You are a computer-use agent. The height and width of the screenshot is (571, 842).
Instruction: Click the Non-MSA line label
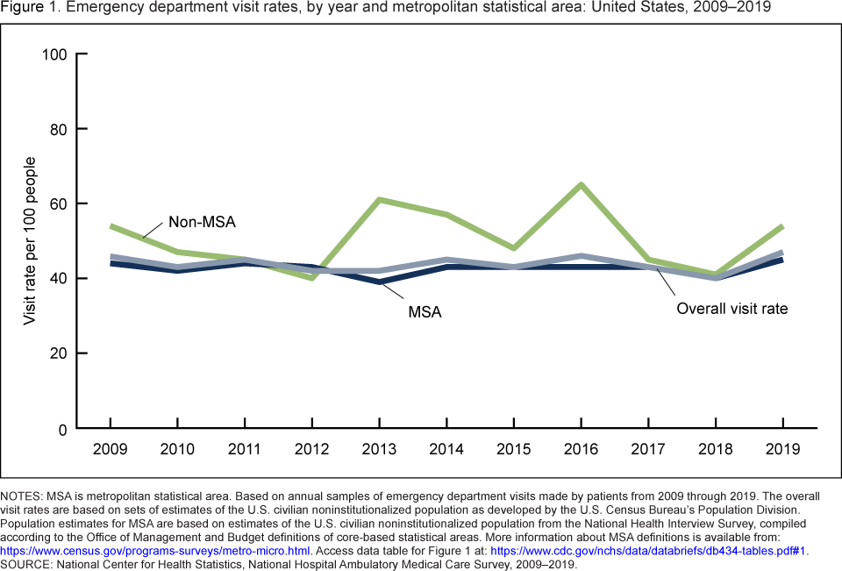(x=202, y=223)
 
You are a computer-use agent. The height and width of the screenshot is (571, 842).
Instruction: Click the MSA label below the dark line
(x=423, y=310)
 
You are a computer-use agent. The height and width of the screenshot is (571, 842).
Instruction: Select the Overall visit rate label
(x=731, y=308)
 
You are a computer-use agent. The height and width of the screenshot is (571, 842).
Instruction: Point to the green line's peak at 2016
(x=581, y=185)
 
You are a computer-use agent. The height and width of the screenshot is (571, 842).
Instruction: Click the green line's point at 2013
(x=379, y=200)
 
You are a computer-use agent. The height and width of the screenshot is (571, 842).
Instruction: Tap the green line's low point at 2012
(x=311, y=278)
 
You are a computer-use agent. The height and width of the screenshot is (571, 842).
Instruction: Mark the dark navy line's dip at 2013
(x=379, y=282)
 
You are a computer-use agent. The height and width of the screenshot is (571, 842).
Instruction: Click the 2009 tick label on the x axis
(x=111, y=449)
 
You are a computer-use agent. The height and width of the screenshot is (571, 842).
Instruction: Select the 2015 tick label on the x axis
(x=513, y=449)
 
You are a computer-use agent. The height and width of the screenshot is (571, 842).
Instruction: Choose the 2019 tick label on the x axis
(x=782, y=449)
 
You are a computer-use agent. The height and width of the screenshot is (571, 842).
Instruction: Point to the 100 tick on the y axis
(x=55, y=54)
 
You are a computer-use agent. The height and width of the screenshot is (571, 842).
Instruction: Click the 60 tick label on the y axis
(x=60, y=204)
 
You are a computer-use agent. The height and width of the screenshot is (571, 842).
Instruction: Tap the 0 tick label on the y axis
(x=64, y=429)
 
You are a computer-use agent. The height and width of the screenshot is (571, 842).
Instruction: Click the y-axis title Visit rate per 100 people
(x=30, y=241)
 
